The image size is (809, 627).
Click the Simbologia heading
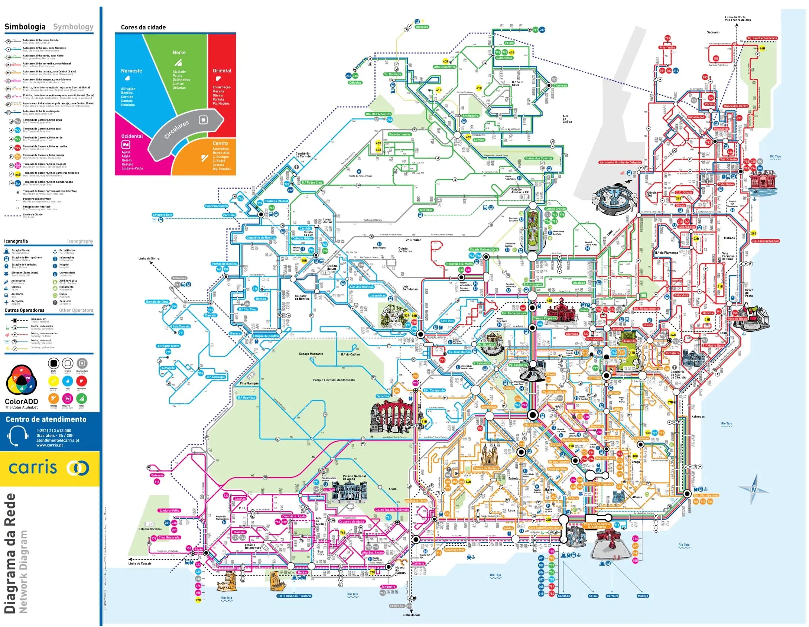(25, 27)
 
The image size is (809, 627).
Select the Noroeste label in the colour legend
(131, 71)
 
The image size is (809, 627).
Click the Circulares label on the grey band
(177, 129)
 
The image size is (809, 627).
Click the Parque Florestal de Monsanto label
(334, 380)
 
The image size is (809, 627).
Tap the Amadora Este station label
(162, 215)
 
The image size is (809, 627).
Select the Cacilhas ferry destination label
(563, 596)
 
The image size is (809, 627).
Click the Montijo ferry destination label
(643, 596)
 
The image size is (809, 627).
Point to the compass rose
(753, 490)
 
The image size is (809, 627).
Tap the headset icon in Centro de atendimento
(18, 435)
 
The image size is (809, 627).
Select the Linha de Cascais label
(140, 563)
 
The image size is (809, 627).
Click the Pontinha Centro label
(216, 206)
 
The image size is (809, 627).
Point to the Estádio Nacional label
(150, 529)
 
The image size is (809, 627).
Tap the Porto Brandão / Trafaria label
(294, 596)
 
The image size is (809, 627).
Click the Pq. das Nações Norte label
(762, 38)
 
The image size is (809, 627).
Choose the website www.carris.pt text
(49, 445)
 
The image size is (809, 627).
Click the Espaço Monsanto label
(311, 354)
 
